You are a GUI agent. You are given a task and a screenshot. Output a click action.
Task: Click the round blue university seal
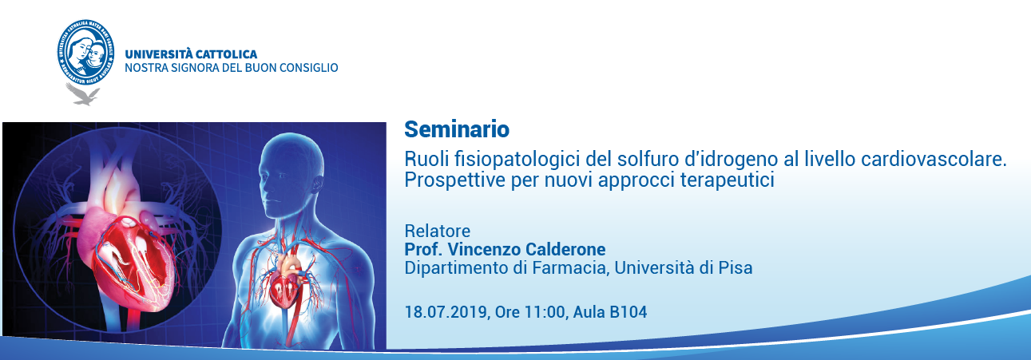point(85,52)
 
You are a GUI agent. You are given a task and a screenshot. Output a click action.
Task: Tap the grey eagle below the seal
point(82,94)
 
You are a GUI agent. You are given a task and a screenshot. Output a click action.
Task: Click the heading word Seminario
point(457,129)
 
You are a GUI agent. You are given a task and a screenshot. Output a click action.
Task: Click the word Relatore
point(438,231)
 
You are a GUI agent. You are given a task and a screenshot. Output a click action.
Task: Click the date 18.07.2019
point(446,312)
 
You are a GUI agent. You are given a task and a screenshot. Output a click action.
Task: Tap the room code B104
point(629,312)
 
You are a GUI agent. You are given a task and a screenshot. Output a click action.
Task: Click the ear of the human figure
point(318,185)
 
